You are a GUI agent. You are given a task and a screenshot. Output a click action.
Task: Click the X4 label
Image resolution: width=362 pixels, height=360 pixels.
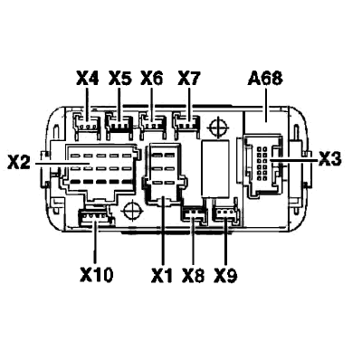88,80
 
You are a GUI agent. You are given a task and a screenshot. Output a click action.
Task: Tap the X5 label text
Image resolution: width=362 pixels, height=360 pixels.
119,80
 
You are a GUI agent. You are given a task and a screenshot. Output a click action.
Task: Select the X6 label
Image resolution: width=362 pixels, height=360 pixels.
152,80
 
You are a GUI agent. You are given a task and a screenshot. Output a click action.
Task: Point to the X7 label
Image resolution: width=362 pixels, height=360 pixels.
189,80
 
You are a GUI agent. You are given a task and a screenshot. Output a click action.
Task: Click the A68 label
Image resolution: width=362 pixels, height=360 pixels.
265,79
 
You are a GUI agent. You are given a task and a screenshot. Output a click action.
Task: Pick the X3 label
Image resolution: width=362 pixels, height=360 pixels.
330,158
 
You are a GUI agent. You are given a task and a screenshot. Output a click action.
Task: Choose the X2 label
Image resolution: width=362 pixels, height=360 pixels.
19,163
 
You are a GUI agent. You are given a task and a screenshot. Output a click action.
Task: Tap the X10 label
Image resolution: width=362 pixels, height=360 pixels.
97,275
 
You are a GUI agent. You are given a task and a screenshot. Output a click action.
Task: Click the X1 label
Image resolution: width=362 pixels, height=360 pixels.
162,276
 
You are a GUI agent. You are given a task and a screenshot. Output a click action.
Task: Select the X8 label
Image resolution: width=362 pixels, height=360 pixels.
194,276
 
